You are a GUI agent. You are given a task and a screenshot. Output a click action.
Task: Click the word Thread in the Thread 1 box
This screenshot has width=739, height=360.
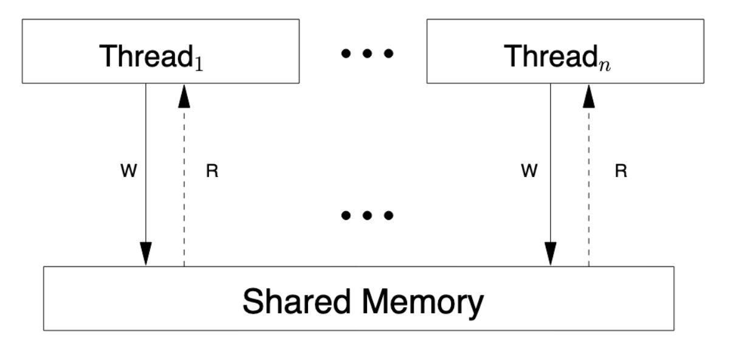tap(146, 56)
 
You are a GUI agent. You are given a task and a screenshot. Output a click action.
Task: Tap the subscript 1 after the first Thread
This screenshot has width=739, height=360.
tap(199, 63)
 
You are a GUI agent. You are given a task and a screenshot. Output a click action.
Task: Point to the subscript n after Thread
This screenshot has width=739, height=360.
tap(605, 65)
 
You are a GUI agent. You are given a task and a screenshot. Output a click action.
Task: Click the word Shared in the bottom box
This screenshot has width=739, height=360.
tap(296, 301)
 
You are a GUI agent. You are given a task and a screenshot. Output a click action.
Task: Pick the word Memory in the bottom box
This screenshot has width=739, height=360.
tap(423, 304)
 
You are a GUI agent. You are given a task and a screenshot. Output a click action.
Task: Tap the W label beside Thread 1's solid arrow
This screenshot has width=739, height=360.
tap(129, 171)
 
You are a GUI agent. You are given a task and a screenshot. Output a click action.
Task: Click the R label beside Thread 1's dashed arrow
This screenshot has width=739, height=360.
tap(212, 171)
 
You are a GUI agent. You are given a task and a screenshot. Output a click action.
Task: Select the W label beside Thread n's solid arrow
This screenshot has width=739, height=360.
tap(529, 171)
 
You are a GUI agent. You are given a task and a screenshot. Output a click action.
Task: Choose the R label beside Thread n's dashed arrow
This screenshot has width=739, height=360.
tap(621, 171)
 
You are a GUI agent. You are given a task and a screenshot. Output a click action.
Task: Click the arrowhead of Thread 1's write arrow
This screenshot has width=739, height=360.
tap(146, 254)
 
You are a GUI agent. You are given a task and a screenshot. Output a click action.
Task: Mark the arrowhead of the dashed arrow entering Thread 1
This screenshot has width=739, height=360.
tap(184, 96)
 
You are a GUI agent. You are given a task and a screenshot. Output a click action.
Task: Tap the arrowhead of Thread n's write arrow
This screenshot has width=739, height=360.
tap(551, 254)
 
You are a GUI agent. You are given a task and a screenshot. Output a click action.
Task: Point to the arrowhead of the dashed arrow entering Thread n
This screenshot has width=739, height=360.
tap(589, 96)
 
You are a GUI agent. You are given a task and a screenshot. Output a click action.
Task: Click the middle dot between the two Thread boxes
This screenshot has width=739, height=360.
tap(367, 53)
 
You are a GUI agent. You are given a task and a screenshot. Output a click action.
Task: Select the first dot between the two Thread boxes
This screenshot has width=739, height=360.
tap(346, 53)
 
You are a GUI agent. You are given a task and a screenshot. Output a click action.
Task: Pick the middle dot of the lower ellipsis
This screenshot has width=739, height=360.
tap(367, 215)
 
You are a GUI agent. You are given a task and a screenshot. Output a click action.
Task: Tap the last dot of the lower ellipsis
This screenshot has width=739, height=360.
tap(388, 215)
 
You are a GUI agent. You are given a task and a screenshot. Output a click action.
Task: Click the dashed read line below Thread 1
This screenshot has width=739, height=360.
tap(184, 187)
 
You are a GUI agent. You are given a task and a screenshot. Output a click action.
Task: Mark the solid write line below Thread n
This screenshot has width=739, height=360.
tap(551, 163)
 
